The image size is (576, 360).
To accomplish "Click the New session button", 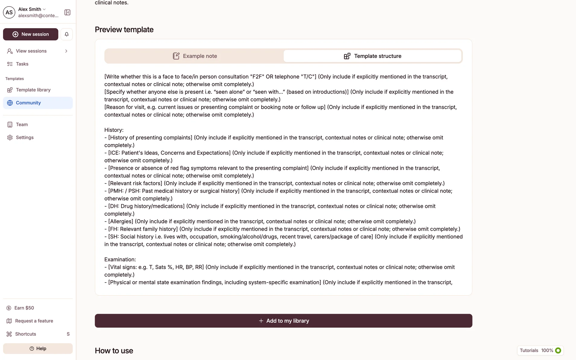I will [31, 34].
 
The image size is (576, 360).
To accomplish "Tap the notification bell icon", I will [67, 34].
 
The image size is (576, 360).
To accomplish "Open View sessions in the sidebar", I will [31, 51].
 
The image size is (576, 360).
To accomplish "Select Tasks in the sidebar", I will [22, 64].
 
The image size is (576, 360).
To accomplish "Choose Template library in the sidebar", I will [33, 90].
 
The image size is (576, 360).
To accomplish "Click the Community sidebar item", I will [28, 103].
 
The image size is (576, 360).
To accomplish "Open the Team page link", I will [22, 124].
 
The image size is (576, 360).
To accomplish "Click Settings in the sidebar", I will [25, 137].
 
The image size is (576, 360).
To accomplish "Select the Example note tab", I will [194, 56].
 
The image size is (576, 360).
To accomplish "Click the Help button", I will [38, 349].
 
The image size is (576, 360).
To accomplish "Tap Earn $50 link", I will [24, 308].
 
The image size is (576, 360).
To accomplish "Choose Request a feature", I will [34, 321].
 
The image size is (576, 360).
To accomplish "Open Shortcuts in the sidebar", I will [25, 334].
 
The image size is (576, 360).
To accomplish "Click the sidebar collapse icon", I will [67, 12].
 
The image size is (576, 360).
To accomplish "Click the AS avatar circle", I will [9, 12].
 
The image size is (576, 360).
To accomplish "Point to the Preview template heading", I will [124, 29].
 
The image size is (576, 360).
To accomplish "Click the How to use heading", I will [114, 351].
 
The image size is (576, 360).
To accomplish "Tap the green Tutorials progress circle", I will [558, 350].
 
